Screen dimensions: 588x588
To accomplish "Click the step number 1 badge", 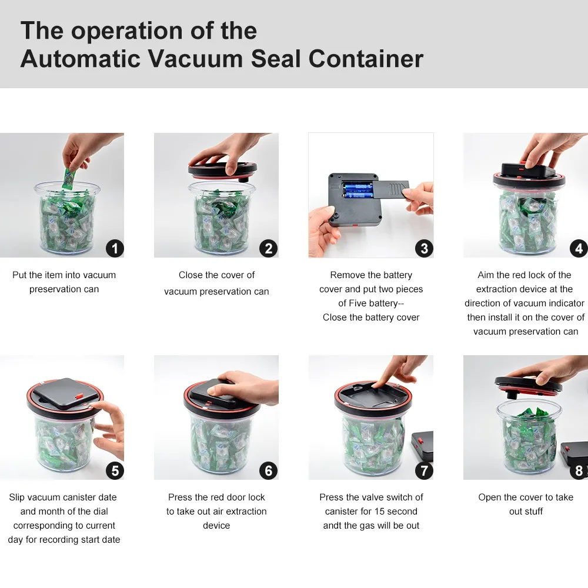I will click(115, 248).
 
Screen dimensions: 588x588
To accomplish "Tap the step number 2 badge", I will click(269, 248).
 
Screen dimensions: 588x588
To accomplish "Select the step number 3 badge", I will click(424, 248).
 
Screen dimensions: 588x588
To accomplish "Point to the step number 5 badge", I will click(115, 470).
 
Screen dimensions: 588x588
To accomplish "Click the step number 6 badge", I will click(269, 470).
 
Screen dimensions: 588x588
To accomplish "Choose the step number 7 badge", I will click(424, 470).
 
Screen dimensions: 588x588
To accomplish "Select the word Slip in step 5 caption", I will click(18, 497).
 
